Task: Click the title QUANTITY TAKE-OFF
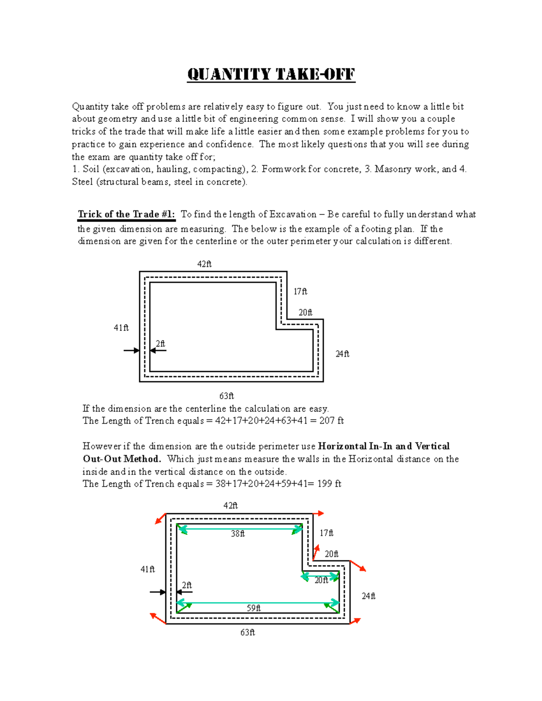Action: point(271,74)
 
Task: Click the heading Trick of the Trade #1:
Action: point(126,214)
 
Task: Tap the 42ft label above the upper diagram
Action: point(204,264)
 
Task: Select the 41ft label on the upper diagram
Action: point(121,328)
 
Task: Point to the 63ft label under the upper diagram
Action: point(226,396)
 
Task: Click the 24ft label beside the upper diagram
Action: point(342,354)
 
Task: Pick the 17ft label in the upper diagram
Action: point(300,292)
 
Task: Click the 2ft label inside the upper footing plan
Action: point(160,344)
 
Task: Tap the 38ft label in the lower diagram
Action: point(238,534)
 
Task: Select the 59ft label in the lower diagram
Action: point(253,608)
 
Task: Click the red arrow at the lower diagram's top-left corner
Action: point(160,519)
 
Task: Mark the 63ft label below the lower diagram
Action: point(248,632)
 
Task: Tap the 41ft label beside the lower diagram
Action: point(148,569)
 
